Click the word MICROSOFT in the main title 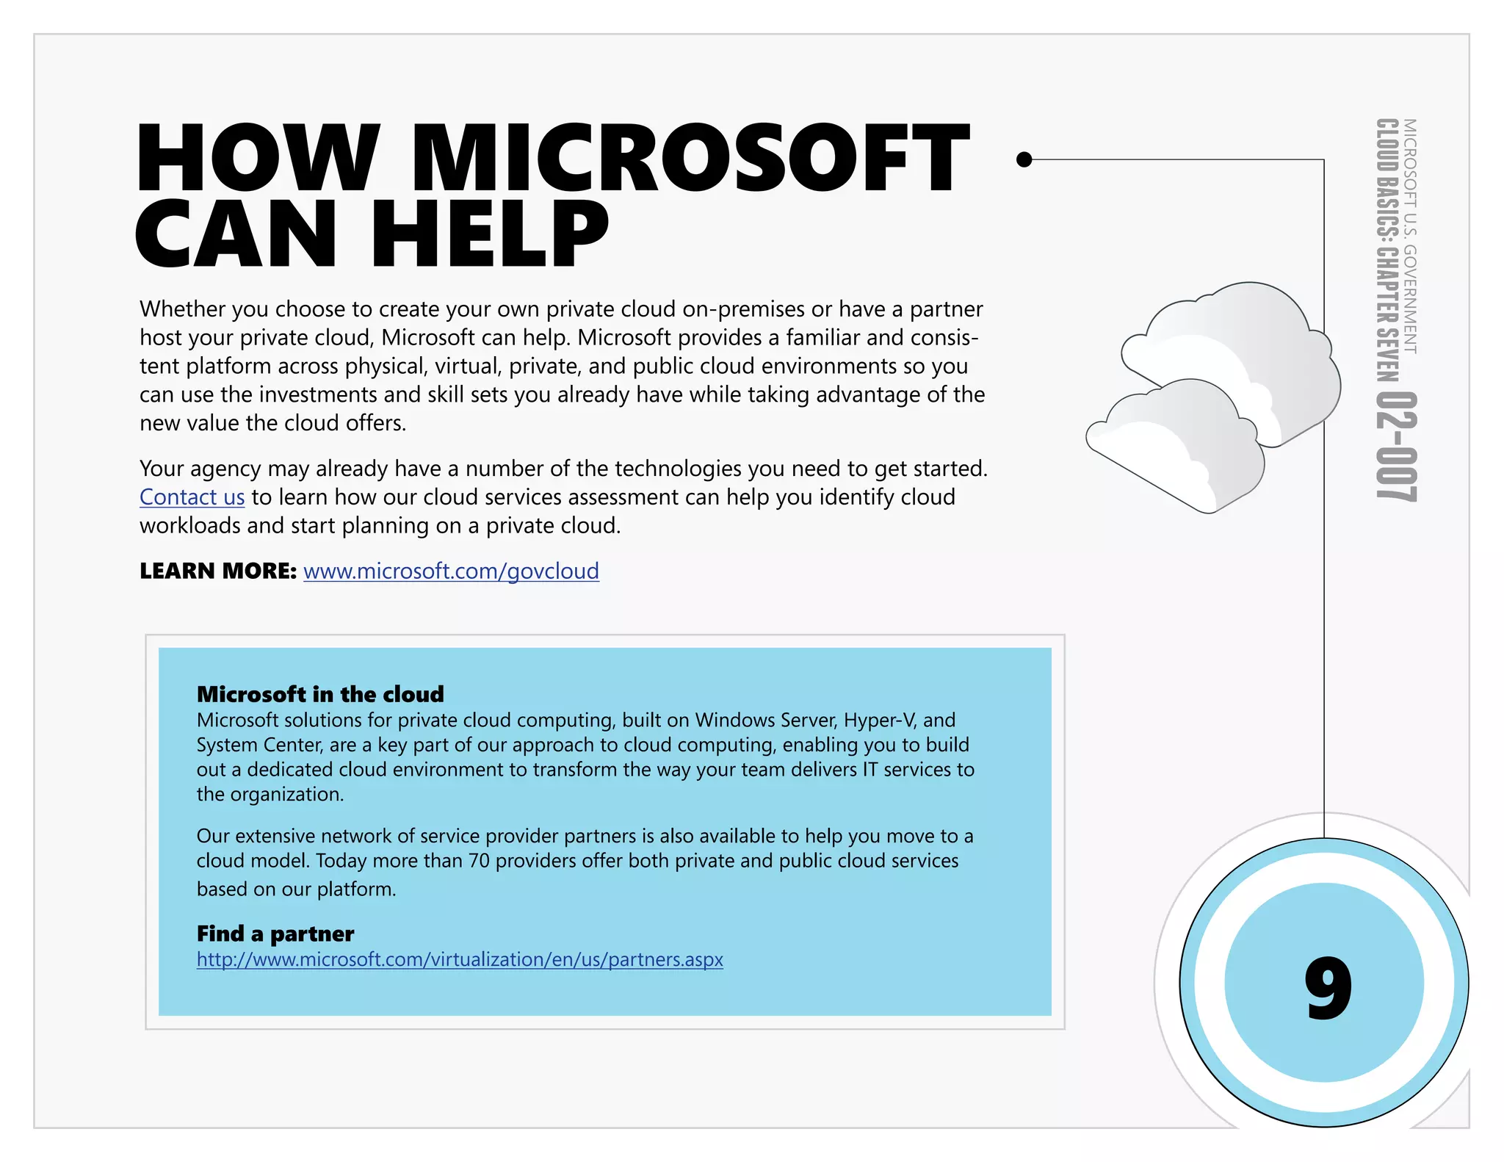pyautogui.click(x=690, y=158)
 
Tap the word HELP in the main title pyautogui.click(x=490, y=233)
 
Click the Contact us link pyautogui.click(x=192, y=497)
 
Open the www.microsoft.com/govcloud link pyautogui.click(x=451, y=571)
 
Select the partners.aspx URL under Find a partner pyautogui.click(x=460, y=959)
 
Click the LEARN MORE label pyautogui.click(x=217, y=571)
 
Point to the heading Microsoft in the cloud pyautogui.click(x=320, y=694)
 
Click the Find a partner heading pyautogui.click(x=275, y=934)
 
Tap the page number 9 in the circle pyautogui.click(x=1328, y=987)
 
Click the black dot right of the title pyautogui.click(x=1024, y=159)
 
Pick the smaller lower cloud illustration pyautogui.click(x=1175, y=448)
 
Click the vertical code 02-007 pyautogui.click(x=1395, y=447)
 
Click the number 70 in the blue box pyautogui.click(x=479, y=860)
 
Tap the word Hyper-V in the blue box pyautogui.click(x=879, y=720)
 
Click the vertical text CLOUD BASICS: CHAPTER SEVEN pyautogui.click(x=1386, y=250)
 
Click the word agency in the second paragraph pyautogui.click(x=226, y=469)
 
